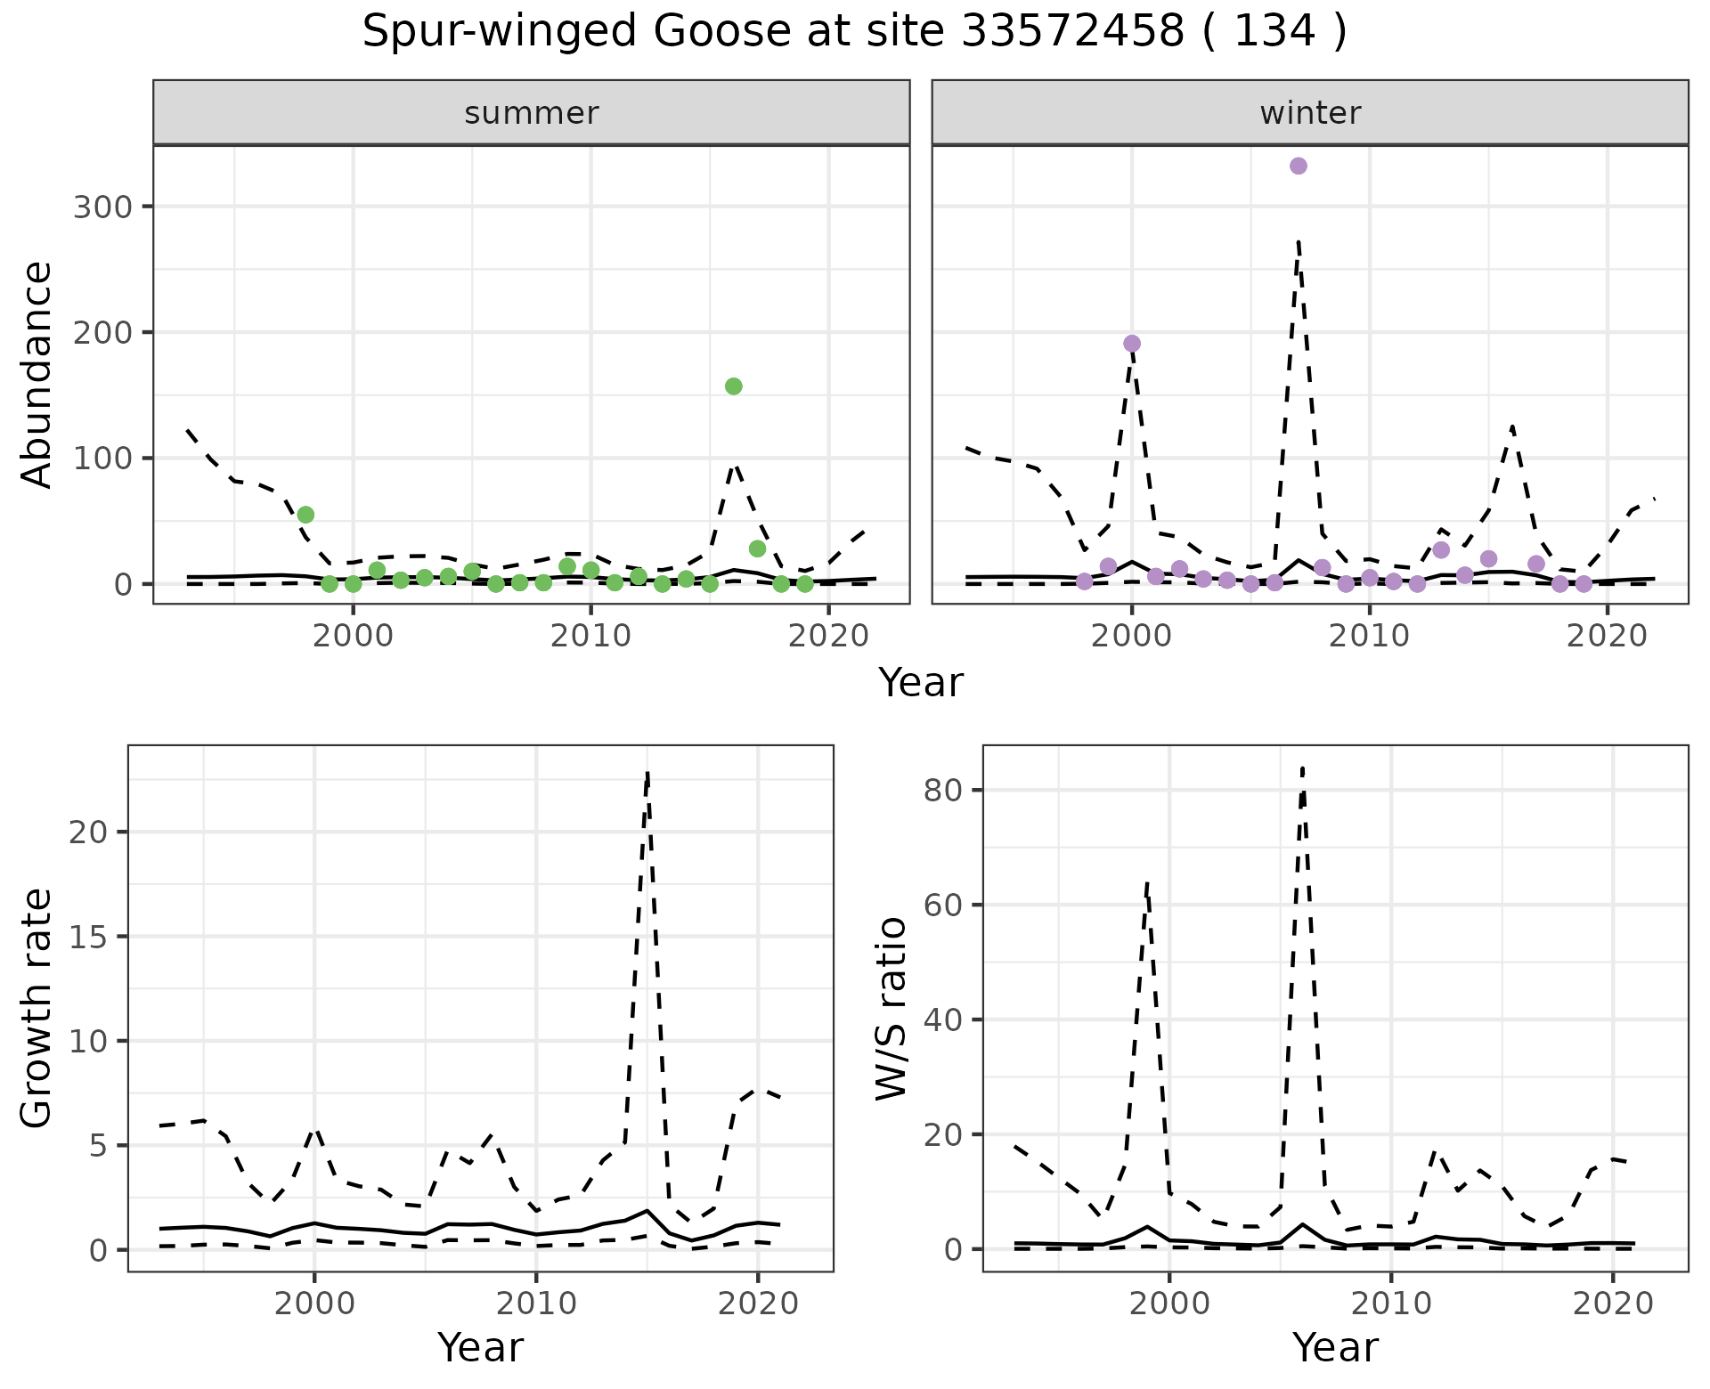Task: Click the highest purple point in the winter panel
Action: [1299, 166]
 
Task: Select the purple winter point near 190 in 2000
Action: [1132, 344]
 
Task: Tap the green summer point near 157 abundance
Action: [734, 386]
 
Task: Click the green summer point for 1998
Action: [305, 515]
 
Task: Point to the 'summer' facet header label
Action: [532, 113]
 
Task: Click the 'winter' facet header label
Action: [1310, 113]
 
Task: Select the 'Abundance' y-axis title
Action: [37, 375]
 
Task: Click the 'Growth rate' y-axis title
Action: [37, 1008]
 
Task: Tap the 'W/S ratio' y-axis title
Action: [892, 1008]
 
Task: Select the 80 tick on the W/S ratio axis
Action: [945, 791]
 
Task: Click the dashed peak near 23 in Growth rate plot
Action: [647, 772]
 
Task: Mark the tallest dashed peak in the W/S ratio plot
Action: [1302, 768]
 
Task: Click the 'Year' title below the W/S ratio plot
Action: [1335, 1348]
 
